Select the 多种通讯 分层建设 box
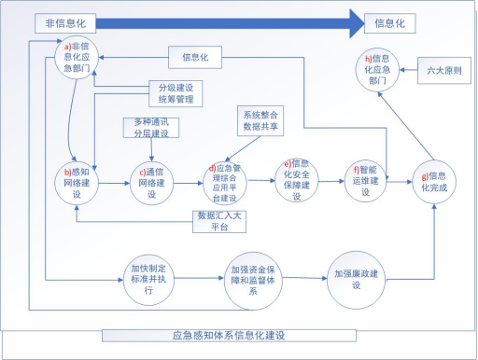pyautogui.click(x=150, y=127)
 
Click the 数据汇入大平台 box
pyautogui.click(x=218, y=219)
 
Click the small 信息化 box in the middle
pyautogui.click(x=197, y=59)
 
